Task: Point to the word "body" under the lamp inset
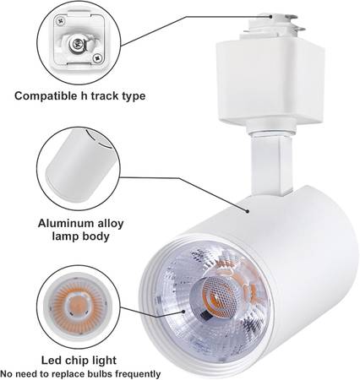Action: (95, 236)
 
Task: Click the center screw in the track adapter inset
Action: (77, 44)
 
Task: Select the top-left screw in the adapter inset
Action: (60, 21)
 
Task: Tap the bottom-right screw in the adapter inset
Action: (97, 58)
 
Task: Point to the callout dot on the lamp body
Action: (248, 211)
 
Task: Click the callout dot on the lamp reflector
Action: (184, 312)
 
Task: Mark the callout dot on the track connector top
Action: (270, 17)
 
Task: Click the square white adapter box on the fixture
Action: (270, 82)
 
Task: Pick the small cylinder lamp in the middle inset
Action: (79, 166)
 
